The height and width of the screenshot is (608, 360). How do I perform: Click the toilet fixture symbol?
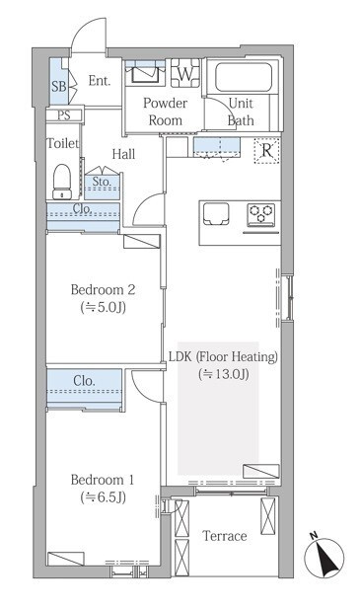coord(62,182)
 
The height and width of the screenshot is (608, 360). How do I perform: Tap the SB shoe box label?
coord(59,86)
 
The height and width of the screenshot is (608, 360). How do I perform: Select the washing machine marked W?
coord(185,73)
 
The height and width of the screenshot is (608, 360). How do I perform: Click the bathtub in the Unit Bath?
coord(244,77)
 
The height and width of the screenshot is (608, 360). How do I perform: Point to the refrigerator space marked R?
coord(266,150)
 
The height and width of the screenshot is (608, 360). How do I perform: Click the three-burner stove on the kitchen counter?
coord(261,214)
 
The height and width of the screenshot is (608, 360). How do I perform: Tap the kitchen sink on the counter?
coord(216,213)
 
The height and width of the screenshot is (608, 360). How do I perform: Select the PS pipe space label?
coord(64,115)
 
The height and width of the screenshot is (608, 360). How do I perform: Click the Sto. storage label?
coord(102,181)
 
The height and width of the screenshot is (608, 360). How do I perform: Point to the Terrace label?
coord(225,536)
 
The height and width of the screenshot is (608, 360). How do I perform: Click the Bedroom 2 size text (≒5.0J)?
coord(104,308)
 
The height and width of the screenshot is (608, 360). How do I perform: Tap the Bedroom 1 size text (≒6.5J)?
coord(104,497)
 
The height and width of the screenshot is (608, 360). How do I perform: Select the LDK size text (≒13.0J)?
coord(224,374)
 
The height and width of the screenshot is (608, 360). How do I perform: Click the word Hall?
coord(123,154)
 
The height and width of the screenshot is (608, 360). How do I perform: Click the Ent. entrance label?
coord(100,81)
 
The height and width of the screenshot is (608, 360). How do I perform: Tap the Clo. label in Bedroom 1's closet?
coord(84,381)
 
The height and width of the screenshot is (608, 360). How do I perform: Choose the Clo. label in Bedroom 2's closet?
coord(83,208)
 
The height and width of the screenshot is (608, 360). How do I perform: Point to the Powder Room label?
coord(166,112)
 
